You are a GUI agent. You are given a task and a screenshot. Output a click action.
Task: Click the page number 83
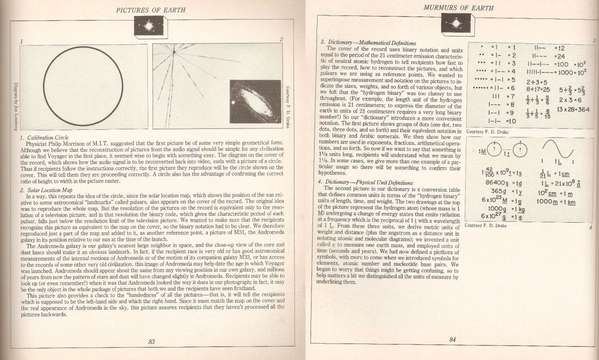[x=152, y=342]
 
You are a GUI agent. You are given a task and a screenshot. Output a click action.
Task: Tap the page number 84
[x=453, y=340]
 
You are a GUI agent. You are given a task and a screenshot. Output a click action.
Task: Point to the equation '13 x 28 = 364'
[x=575, y=109]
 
